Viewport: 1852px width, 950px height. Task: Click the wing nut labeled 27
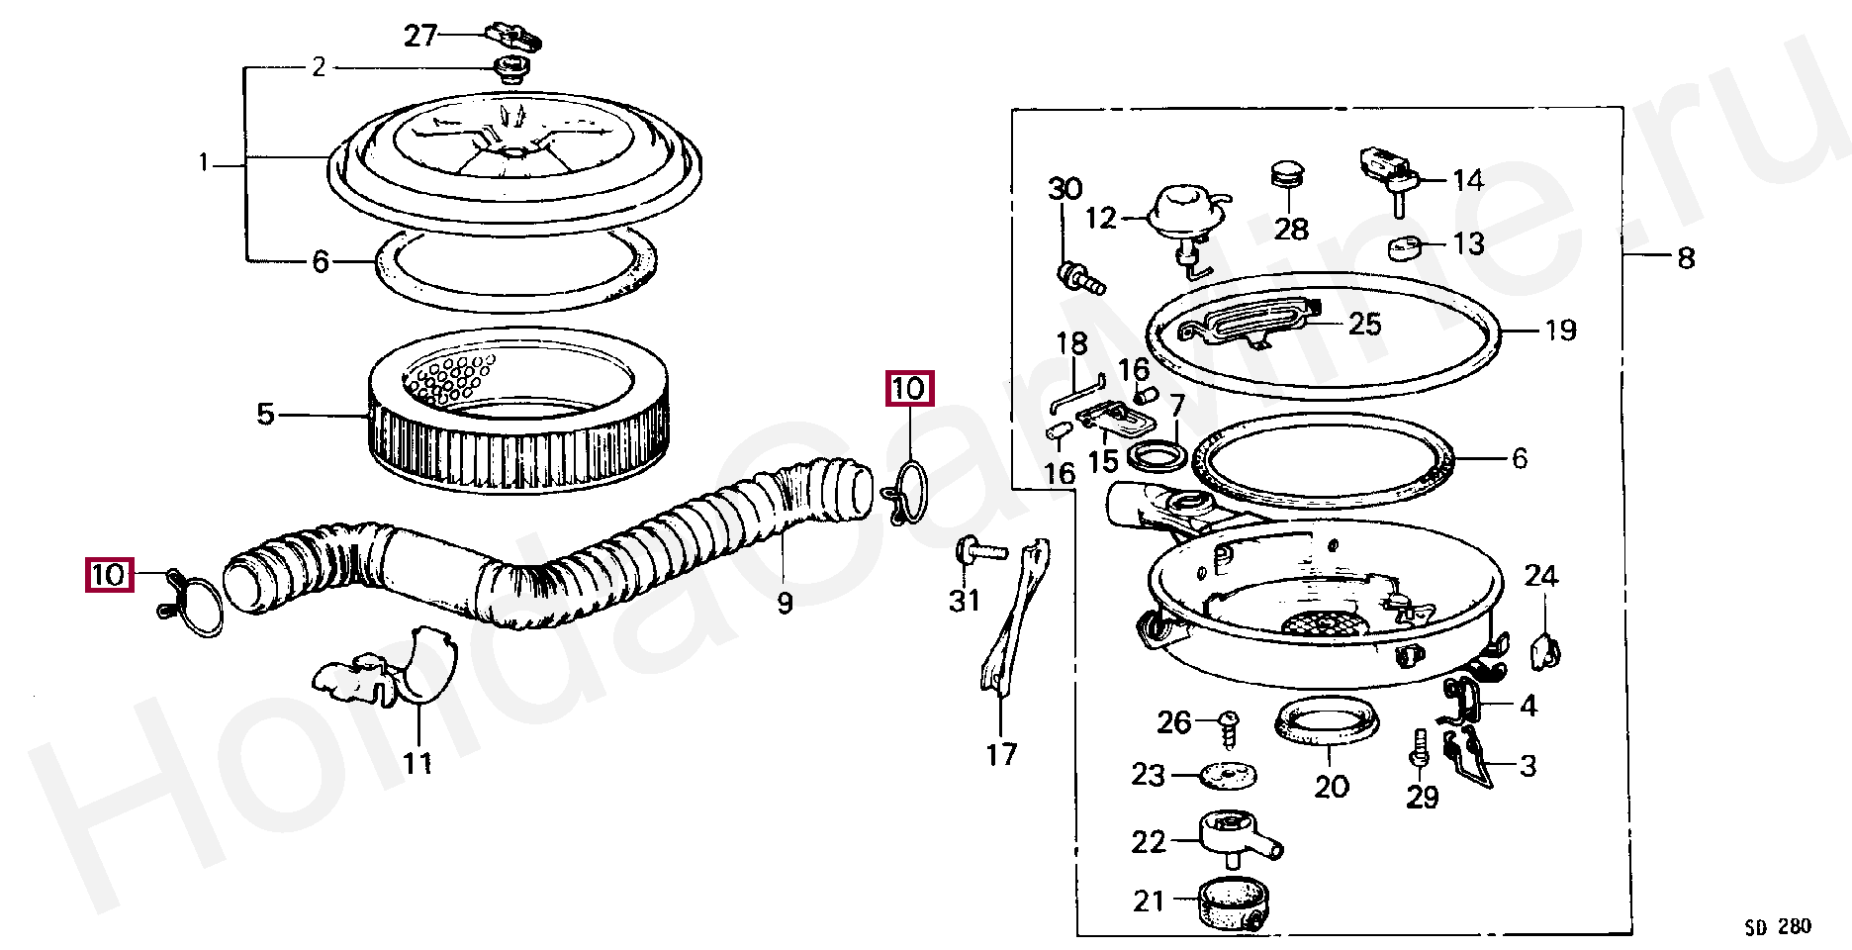tap(514, 39)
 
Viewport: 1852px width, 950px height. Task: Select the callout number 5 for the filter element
tap(265, 414)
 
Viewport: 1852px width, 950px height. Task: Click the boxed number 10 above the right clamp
tap(908, 388)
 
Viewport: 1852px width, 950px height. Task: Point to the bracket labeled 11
tap(388, 670)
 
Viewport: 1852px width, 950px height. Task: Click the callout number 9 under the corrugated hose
tap(785, 603)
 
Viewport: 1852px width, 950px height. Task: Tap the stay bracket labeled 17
tap(1011, 618)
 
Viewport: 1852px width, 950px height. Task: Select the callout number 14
tap(1468, 180)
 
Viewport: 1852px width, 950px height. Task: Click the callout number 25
tap(1364, 324)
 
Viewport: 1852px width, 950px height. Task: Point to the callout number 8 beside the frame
tap(1686, 258)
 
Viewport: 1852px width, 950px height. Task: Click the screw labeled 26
tap(1228, 727)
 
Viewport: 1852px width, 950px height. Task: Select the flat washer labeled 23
tap(1228, 775)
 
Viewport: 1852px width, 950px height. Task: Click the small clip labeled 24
tap(1544, 649)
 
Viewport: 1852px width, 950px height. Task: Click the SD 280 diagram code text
tap(1778, 927)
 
